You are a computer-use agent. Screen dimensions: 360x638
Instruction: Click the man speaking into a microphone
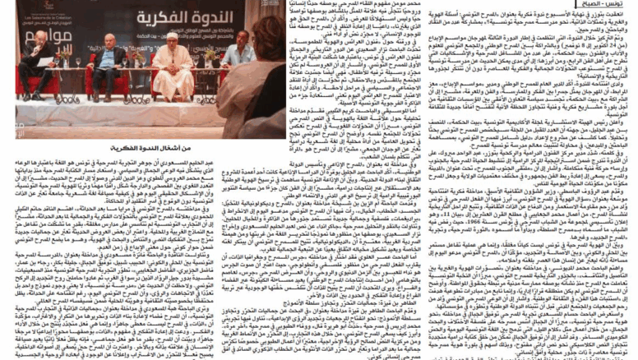(36, 62)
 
